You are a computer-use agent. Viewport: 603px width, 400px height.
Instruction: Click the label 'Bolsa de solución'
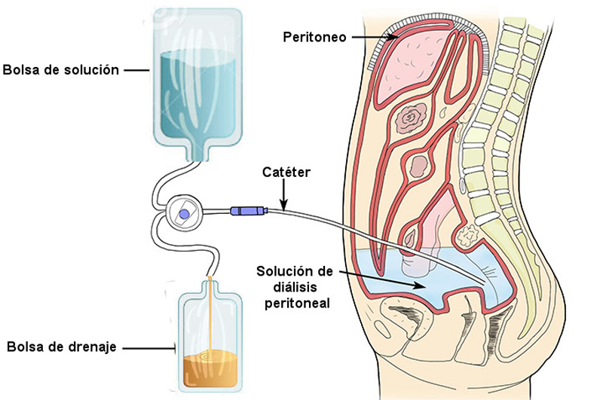pos(61,70)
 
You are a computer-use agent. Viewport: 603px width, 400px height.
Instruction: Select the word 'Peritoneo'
pos(314,36)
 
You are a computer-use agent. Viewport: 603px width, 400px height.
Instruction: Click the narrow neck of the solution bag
pos(199,151)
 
